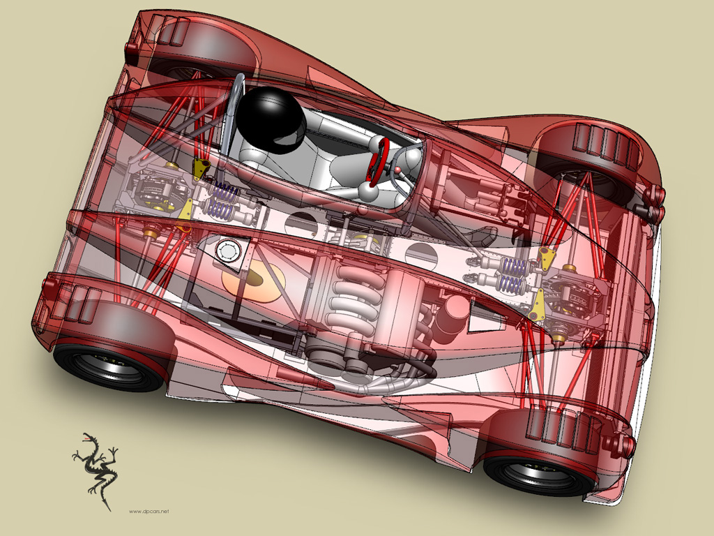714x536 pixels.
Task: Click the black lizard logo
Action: [x=95, y=470]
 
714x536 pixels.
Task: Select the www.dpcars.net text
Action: [x=149, y=512]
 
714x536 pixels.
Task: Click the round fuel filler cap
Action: [x=229, y=252]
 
